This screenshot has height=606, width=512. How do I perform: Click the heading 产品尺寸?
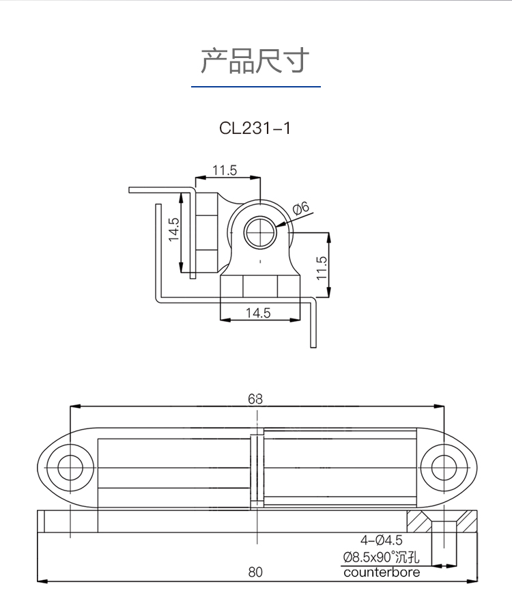click(255, 61)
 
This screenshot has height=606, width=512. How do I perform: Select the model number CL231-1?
click(255, 128)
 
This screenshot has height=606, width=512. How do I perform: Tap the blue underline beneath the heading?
click(255, 87)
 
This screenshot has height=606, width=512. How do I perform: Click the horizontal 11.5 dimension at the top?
click(224, 170)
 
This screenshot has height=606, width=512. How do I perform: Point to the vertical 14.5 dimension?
click(173, 230)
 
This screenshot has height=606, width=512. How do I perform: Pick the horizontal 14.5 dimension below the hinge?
click(258, 313)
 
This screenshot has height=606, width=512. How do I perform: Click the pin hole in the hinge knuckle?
click(260, 233)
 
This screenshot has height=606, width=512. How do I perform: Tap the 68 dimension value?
click(255, 399)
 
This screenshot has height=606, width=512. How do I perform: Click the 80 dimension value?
click(255, 573)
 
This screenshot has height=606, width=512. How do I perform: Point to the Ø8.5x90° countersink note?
click(382, 557)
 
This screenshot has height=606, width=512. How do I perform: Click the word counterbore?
click(382, 573)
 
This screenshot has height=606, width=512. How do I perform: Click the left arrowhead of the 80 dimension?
click(40, 581)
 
